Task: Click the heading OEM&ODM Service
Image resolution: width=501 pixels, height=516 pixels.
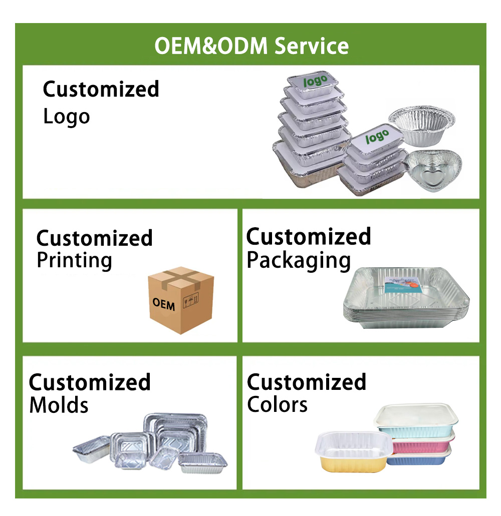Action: (251, 46)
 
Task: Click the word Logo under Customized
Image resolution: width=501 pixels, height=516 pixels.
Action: (66, 117)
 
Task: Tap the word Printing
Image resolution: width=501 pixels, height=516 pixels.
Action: (74, 261)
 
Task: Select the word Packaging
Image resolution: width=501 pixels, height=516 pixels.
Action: (299, 261)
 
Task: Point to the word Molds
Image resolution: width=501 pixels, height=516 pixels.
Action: (59, 404)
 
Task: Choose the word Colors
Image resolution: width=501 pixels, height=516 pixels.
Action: (277, 404)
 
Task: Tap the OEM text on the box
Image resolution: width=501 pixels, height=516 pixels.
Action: (164, 303)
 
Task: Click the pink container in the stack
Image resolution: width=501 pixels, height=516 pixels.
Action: (423, 443)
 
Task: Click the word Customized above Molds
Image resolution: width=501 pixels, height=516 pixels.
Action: (90, 382)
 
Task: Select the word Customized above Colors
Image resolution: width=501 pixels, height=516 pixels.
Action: (307, 382)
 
